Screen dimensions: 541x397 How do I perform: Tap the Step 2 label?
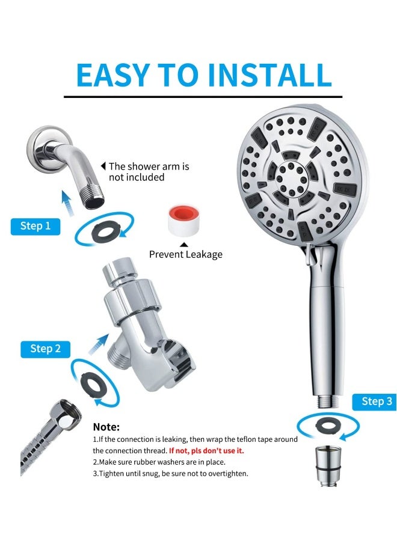pos(45,349)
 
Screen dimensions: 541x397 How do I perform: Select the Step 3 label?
pos(377,402)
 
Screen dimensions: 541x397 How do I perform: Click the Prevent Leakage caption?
pos(186,254)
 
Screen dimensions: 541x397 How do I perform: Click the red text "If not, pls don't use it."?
pos(206,450)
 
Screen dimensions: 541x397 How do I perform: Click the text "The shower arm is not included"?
pos(148,171)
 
